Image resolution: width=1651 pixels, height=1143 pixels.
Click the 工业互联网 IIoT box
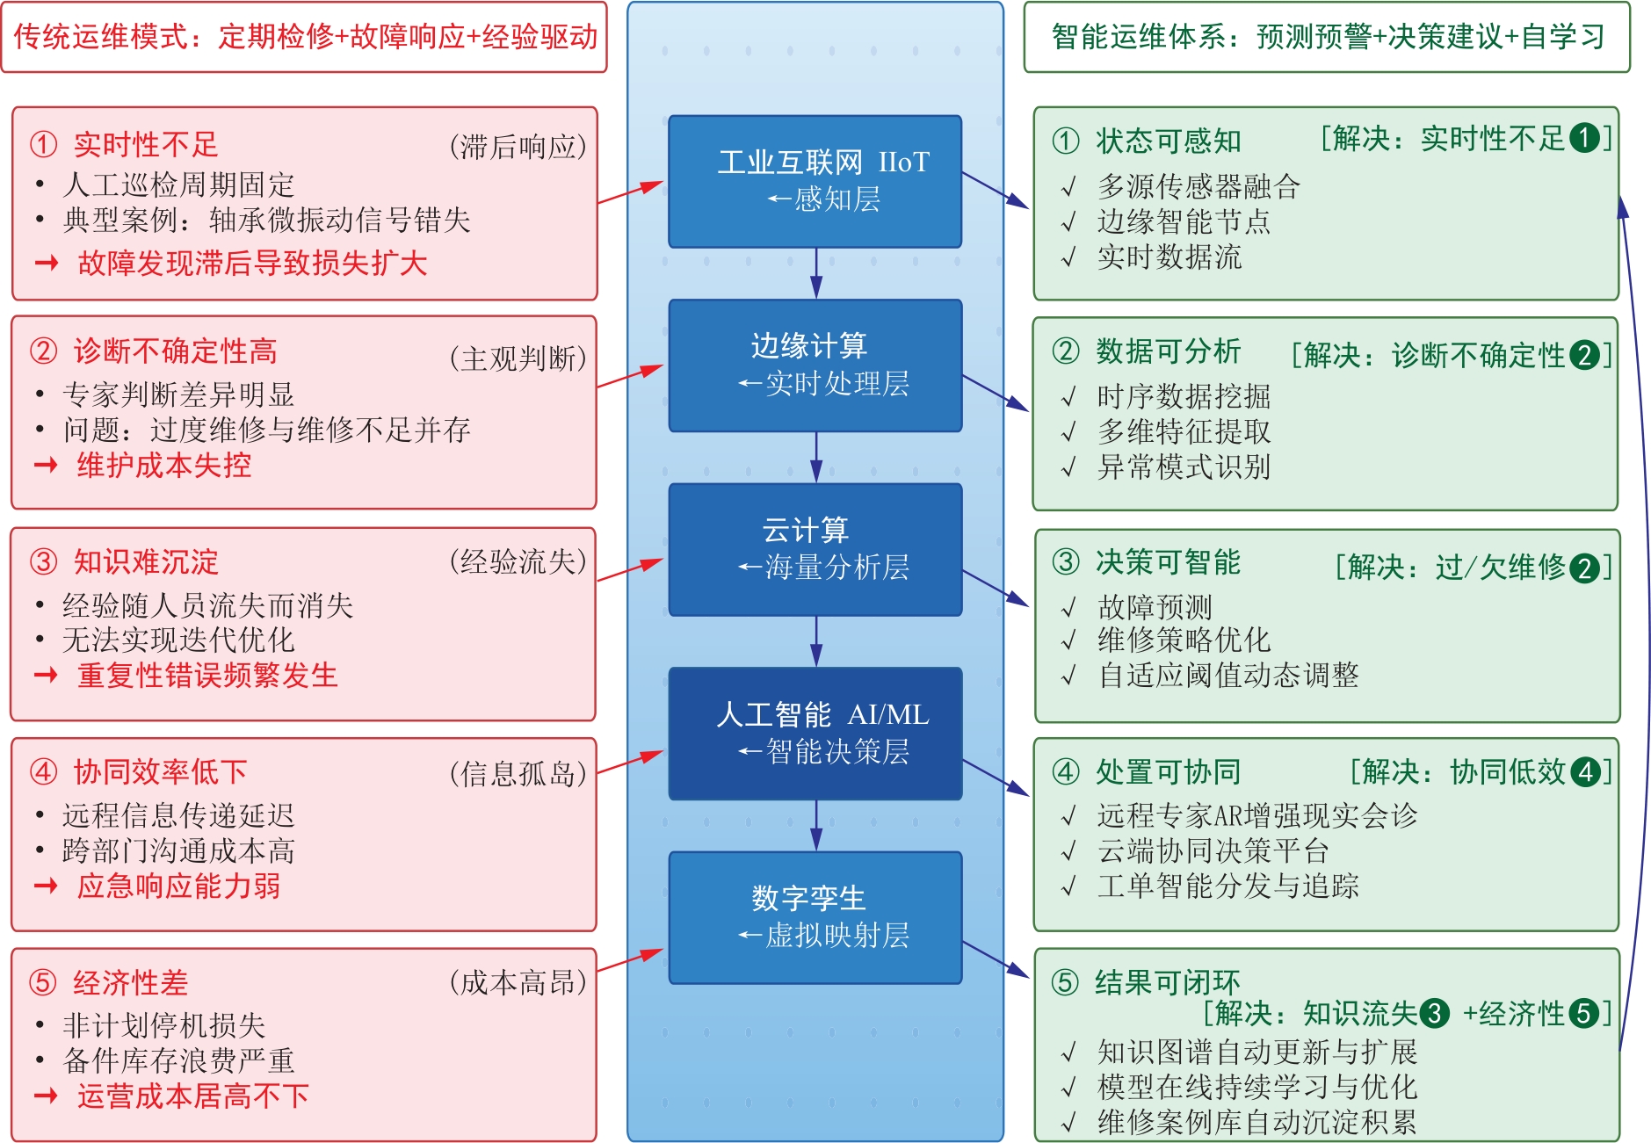(x=815, y=181)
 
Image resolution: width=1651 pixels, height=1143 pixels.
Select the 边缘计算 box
(x=815, y=365)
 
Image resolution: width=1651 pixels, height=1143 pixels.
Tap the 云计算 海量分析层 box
(x=815, y=549)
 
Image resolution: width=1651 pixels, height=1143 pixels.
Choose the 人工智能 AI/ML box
(x=815, y=734)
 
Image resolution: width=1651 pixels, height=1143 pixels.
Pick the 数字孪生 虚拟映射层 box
(x=815, y=917)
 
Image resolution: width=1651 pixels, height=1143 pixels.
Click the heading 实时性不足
(x=146, y=144)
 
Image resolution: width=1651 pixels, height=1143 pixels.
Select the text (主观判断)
(x=518, y=358)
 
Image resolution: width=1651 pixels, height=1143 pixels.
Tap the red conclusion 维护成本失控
(x=164, y=465)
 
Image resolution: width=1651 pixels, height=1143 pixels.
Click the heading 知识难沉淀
(x=146, y=561)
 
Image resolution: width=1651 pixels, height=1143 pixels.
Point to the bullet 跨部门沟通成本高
(x=178, y=850)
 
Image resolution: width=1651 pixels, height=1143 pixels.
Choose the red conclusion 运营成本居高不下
(x=193, y=1096)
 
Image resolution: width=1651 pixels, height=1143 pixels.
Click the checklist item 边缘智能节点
(x=1184, y=221)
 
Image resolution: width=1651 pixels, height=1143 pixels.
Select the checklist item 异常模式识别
(x=1184, y=467)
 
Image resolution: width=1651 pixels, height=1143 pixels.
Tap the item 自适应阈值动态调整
(x=1228, y=675)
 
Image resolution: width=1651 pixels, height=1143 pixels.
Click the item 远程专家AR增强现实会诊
(x=1257, y=815)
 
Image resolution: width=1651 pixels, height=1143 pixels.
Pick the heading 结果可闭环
(x=1168, y=982)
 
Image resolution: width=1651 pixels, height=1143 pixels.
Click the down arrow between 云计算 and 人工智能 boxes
(x=816, y=641)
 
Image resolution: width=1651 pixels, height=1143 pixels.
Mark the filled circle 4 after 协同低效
(x=1585, y=772)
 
